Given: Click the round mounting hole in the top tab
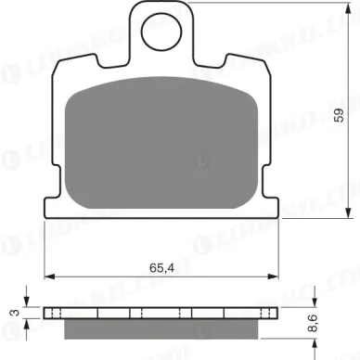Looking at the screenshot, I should (162, 37).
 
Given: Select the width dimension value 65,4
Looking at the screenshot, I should (162, 269).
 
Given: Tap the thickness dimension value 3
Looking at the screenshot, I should (13, 314).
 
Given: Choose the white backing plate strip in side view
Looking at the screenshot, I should (162, 313).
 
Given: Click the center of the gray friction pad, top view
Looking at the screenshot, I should (162, 135).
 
